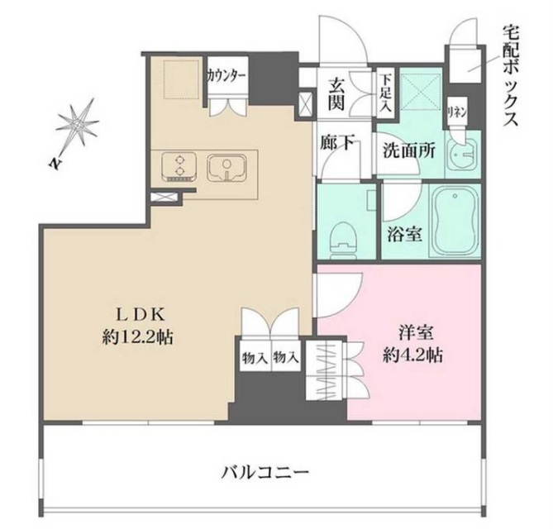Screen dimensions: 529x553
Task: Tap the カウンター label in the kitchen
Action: coord(226,74)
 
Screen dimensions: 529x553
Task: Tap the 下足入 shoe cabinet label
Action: coord(385,86)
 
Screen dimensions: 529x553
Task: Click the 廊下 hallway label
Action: coord(337,144)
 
